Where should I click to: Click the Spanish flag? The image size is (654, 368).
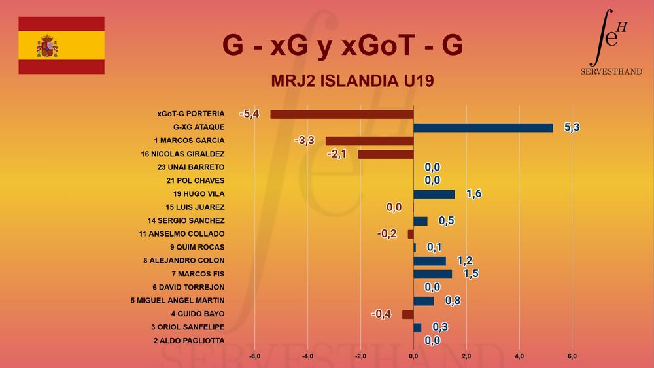[61, 46]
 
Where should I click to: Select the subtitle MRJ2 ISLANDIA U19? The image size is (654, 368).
[353, 82]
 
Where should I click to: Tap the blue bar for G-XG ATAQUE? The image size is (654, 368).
[483, 127]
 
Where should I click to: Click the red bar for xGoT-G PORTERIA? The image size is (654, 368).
[342, 114]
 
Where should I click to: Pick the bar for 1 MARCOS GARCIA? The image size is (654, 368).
[370, 141]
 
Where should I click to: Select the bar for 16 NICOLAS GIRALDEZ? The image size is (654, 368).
[386, 154]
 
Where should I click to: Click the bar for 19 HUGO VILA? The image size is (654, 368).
[434, 194]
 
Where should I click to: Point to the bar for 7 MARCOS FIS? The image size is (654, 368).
[433, 274]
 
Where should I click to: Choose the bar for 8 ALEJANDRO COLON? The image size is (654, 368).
[430, 261]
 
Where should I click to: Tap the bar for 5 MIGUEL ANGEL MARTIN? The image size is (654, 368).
[424, 301]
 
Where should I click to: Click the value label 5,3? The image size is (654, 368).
[572, 127]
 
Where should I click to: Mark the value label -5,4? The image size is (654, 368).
[249, 114]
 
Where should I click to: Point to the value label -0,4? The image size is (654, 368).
[381, 314]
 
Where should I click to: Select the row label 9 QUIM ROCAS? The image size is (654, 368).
[197, 247]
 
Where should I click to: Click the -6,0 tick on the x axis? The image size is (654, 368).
[255, 356]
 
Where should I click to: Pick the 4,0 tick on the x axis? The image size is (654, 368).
[519, 356]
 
